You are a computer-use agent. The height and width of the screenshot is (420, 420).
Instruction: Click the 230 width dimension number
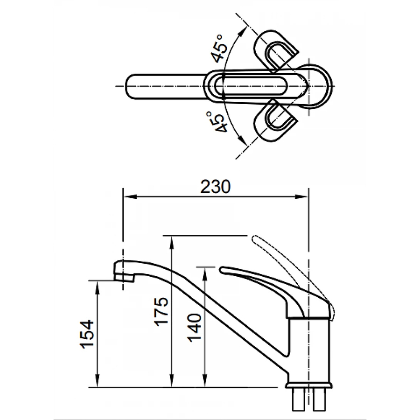click(x=216, y=187)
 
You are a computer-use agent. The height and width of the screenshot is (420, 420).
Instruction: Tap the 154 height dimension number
click(x=87, y=334)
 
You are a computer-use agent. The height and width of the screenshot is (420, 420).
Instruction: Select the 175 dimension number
click(x=161, y=311)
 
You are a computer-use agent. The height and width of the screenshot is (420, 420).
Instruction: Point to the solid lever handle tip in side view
click(x=222, y=269)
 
